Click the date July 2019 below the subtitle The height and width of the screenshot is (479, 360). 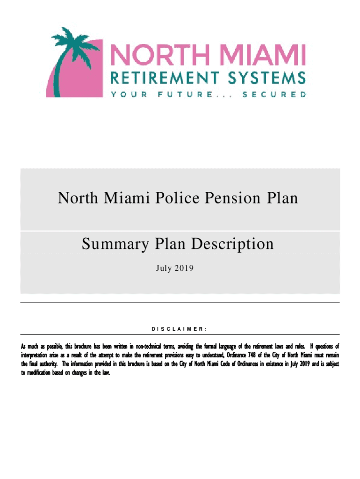point(178,269)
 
